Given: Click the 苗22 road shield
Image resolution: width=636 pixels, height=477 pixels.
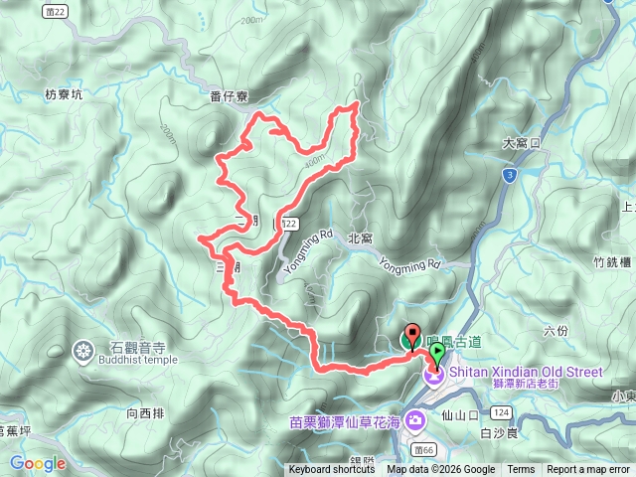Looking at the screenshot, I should tap(60, 10).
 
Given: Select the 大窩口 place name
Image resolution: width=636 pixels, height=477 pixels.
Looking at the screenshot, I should tap(521, 143).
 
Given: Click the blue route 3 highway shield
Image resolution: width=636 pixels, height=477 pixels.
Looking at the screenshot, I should tap(509, 174).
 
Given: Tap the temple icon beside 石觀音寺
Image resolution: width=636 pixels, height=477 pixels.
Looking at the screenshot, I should tap(81, 349).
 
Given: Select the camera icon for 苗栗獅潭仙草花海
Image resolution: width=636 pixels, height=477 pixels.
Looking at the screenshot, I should tap(414, 421).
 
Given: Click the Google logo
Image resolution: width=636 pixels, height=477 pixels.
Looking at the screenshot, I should tap(37, 463).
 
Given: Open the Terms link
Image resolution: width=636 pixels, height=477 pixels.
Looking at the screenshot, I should tap(521, 470).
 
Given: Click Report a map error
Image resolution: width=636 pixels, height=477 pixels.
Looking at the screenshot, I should tap(588, 470).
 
